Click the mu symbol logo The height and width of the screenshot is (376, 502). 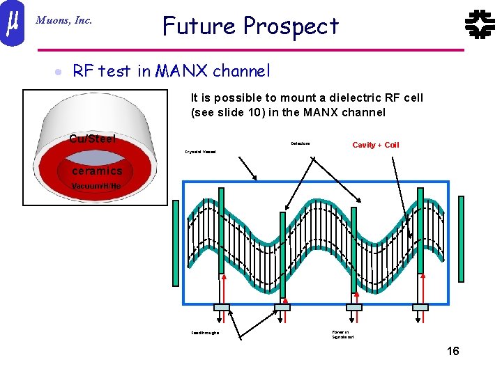coord(12,24)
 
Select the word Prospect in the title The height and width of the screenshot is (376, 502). coord(291,26)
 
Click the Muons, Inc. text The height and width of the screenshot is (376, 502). coord(63,21)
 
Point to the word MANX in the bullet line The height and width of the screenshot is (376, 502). coord(181,71)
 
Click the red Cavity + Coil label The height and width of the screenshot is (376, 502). coord(376,145)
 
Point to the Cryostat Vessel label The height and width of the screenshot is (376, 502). coord(200,150)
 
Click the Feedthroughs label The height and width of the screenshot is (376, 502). coord(205,333)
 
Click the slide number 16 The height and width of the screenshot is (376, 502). coord(452,351)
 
